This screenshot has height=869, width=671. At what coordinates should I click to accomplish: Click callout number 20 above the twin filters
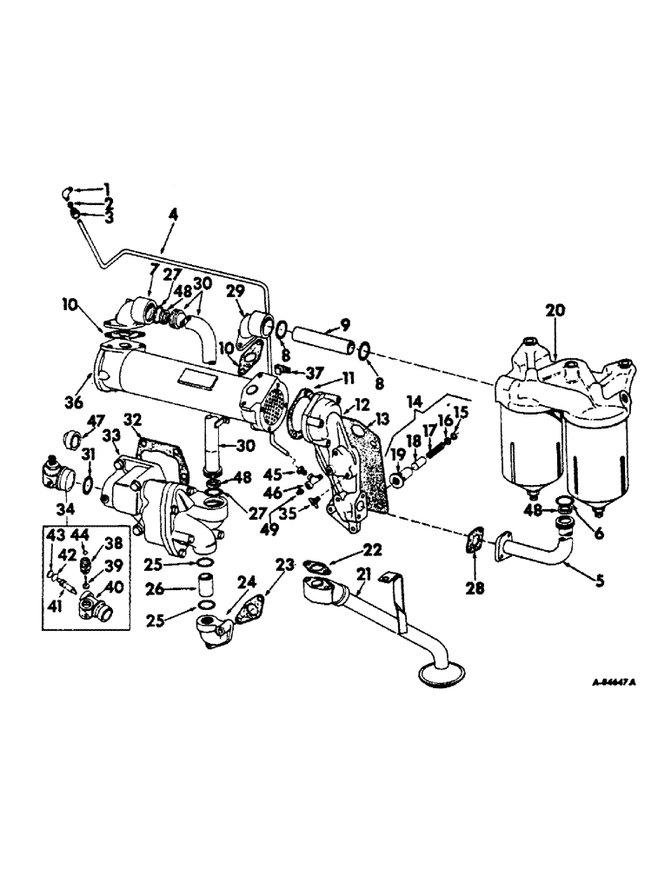[x=555, y=309]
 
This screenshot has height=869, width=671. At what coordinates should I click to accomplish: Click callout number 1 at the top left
[x=108, y=189]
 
